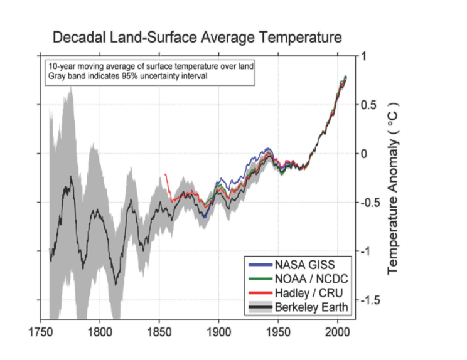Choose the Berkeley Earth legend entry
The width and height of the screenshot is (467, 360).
[303, 307]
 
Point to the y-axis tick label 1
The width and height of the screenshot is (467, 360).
[363, 56]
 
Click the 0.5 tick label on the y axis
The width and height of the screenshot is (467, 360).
[367, 105]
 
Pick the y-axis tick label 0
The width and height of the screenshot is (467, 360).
[363, 154]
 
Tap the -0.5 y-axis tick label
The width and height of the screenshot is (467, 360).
[369, 203]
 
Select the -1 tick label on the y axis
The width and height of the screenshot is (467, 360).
[364, 251]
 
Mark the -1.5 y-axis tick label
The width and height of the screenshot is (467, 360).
[369, 300]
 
